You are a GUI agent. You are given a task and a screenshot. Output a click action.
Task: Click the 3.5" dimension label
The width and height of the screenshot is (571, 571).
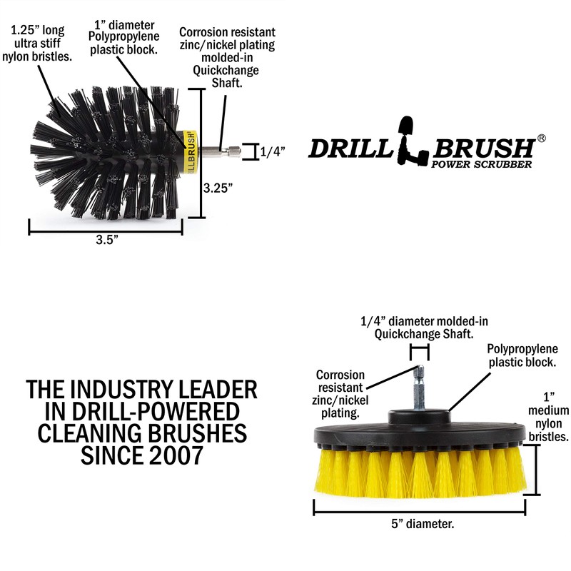pos(106,241)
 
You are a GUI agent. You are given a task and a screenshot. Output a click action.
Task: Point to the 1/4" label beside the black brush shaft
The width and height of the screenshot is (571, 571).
pos(272,151)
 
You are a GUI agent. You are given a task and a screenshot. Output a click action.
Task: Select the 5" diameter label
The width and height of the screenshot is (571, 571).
pos(420,525)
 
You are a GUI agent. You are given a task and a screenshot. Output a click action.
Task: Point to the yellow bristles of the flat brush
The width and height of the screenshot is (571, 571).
pos(421,471)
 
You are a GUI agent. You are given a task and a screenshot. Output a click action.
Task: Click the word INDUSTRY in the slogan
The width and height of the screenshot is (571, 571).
pos(126,390)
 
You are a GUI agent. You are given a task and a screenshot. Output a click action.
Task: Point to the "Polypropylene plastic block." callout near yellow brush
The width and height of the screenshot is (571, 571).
pos(522,355)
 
